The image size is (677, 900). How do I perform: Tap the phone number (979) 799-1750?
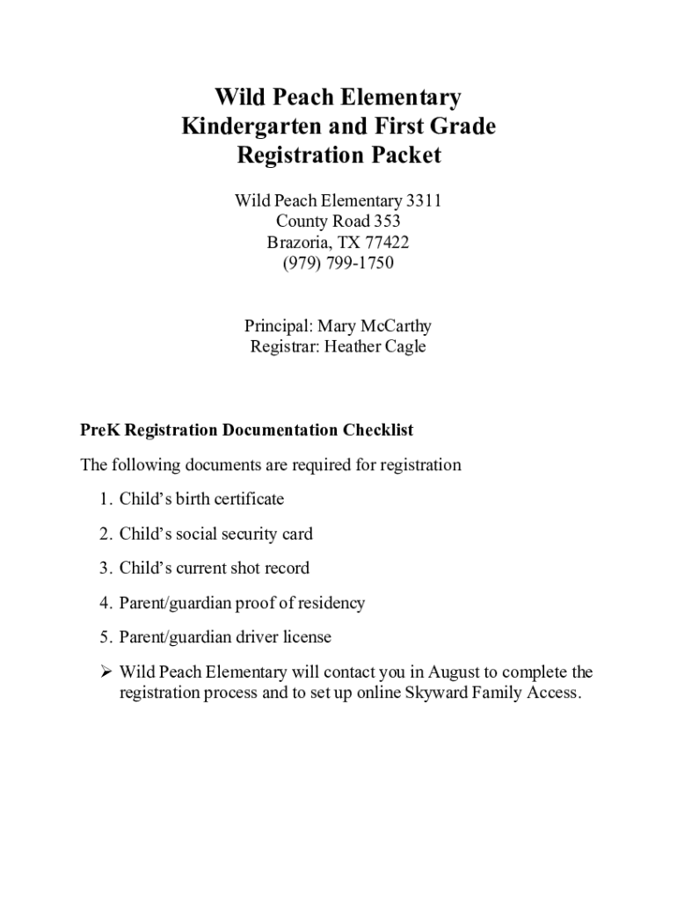coord(338,263)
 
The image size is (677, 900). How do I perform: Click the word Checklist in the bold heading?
coord(377,431)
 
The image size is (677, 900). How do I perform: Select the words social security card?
coord(244,533)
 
